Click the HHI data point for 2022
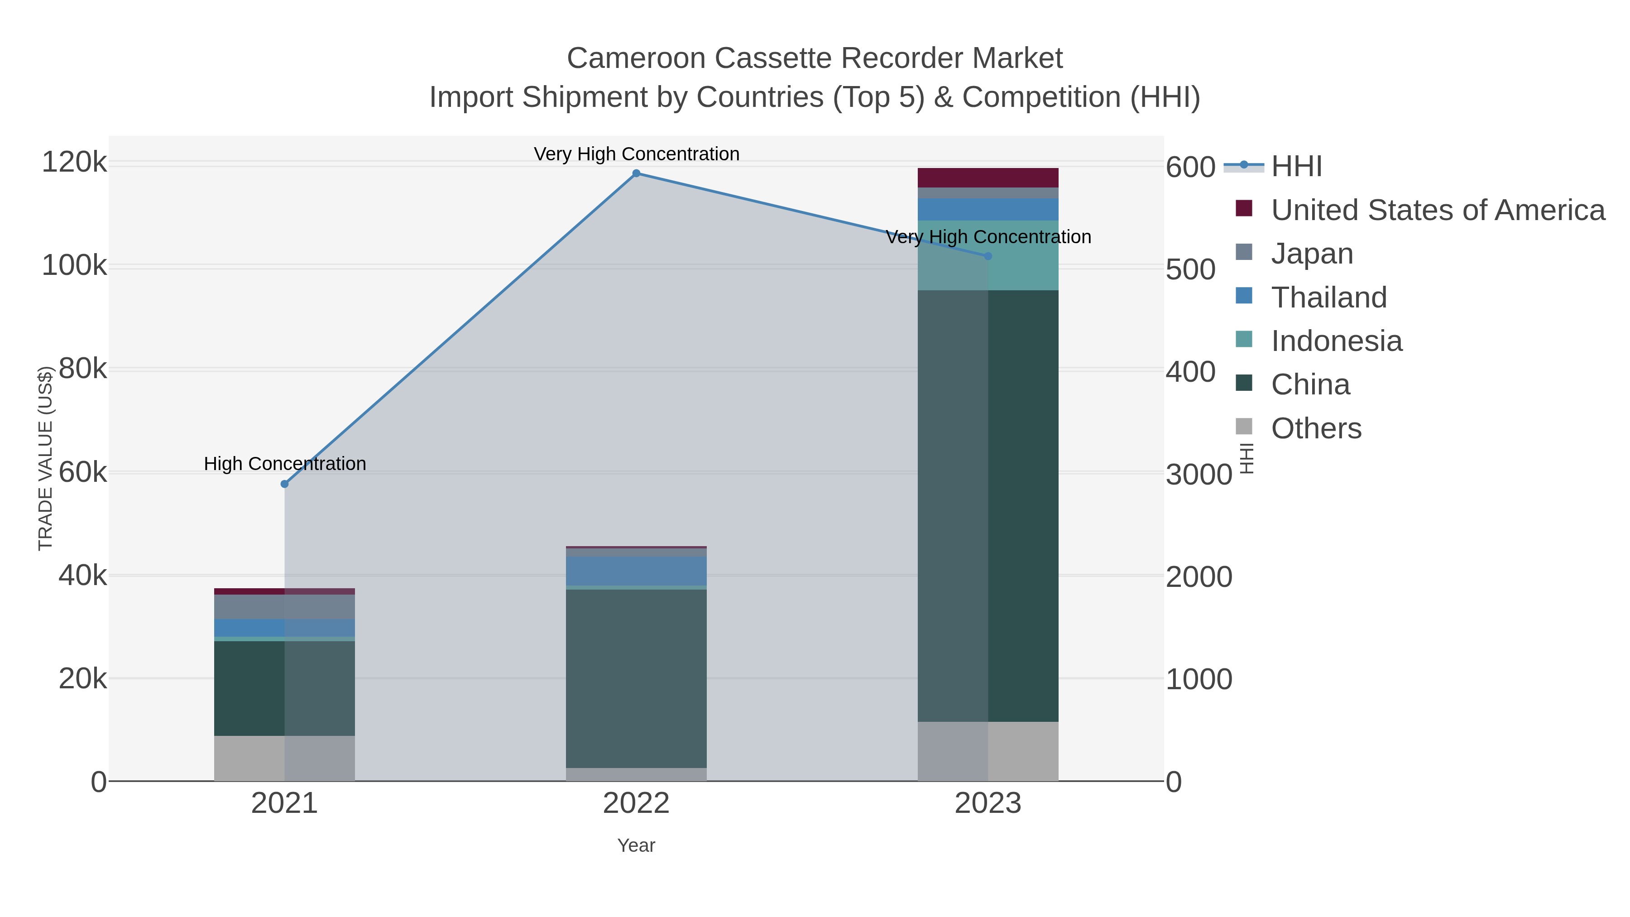tap(636, 173)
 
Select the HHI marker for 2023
tap(988, 256)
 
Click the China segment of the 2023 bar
tap(988, 506)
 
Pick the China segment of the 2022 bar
tap(636, 678)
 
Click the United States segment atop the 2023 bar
tap(988, 178)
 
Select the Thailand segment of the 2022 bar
tap(636, 571)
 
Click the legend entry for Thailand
tap(1329, 298)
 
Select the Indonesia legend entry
tap(1337, 341)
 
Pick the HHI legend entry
tap(1296, 167)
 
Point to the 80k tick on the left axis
tap(83, 369)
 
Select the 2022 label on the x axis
tap(636, 804)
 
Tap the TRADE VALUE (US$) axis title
tap(46, 458)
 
